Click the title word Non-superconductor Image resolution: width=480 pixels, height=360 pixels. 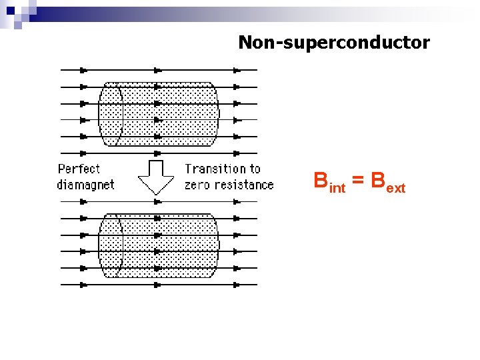pos(334,43)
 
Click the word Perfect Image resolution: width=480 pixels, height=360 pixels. pos(79,169)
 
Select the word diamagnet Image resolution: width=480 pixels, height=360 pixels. pos(85,185)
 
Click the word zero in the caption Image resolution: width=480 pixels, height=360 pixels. pos(198,185)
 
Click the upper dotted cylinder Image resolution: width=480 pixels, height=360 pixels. pos(159,113)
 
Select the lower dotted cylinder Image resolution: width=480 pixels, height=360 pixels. pos(159,245)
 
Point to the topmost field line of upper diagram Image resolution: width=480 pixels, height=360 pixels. pos(159,69)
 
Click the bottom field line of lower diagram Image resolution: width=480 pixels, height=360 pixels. pos(159,285)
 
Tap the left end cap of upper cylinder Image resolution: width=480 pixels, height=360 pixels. pos(111,113)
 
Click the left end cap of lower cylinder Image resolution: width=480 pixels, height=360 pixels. pos(111,245)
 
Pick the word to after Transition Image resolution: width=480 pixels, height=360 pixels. pos(254,169)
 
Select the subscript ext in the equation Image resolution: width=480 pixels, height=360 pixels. pos(395,189)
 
